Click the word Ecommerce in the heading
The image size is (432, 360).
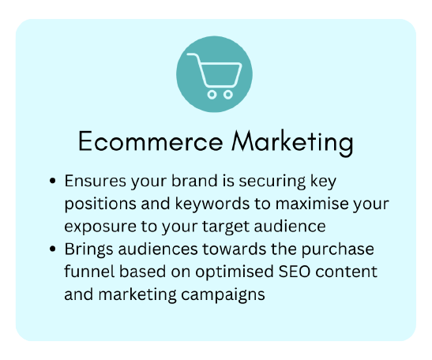(x=150, y=141)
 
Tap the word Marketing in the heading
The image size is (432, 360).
(x=292, y=143)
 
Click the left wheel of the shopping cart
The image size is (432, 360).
(x=212, y=95)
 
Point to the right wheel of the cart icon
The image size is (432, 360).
(x=228, y=95)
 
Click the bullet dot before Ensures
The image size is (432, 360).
(x=52, y=181)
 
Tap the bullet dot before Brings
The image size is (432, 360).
(x=52, y=249)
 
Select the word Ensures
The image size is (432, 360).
(x=96, y=181)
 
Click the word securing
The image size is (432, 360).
(x=272, y=182)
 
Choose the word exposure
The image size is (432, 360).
(x=100, y=227)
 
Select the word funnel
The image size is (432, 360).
(x=89, y=272)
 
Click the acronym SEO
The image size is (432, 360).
(x=295, y=272)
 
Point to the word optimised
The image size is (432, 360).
(x=235, y=272)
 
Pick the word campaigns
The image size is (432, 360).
(x=223, y=295)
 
